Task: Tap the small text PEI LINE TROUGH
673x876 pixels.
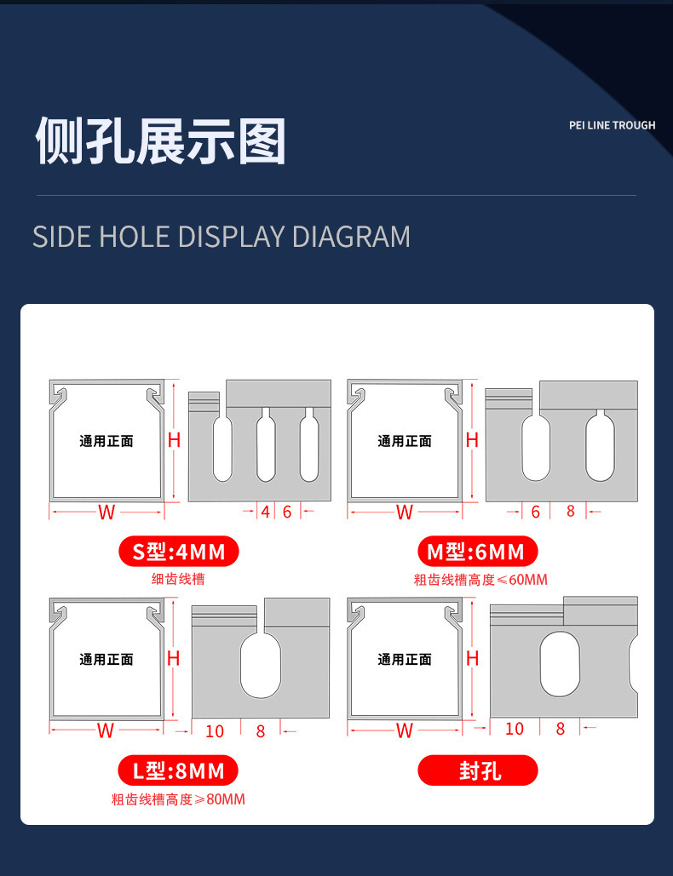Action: coord(612,125)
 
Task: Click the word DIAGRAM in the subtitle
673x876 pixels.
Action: coord(351,236)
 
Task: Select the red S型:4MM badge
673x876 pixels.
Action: coord(178,552)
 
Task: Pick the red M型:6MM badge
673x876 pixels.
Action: coord(477,552)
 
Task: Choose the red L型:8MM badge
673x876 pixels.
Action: coord(178,771)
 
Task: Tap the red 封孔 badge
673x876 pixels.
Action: coord(478,771)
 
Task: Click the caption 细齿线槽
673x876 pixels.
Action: coord(178,579)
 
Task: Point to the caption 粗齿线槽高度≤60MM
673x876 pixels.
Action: coord(480,580)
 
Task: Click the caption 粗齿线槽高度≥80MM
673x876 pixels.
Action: coord(178,799)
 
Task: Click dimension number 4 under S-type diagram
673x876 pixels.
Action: coord(265,512)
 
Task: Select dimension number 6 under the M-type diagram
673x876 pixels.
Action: coord(536,512)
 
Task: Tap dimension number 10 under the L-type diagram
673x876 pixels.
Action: coord(215,731)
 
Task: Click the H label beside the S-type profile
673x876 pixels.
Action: coord(174,440)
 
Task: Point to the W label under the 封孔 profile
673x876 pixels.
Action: coord(405,730)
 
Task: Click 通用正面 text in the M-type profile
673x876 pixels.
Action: coord(405,441)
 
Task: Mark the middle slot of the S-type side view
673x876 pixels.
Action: coord(266,445)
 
